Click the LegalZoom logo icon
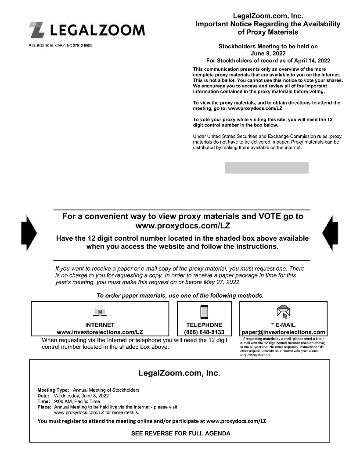click(36, 30)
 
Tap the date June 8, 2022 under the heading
click(268, 53)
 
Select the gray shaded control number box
click(266, 168)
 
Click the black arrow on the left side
click(29, 233)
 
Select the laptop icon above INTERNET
click(100, 312)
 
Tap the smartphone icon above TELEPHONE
click(204, 311)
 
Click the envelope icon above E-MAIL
click(283, 312)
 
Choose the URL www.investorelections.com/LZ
click(100, 332)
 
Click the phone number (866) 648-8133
click(204, 332)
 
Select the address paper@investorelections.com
click(284, 332)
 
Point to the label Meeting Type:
click(53, 390)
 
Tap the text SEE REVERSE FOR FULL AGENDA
click(180, 433)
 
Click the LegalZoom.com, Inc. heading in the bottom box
click(179, 373)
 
